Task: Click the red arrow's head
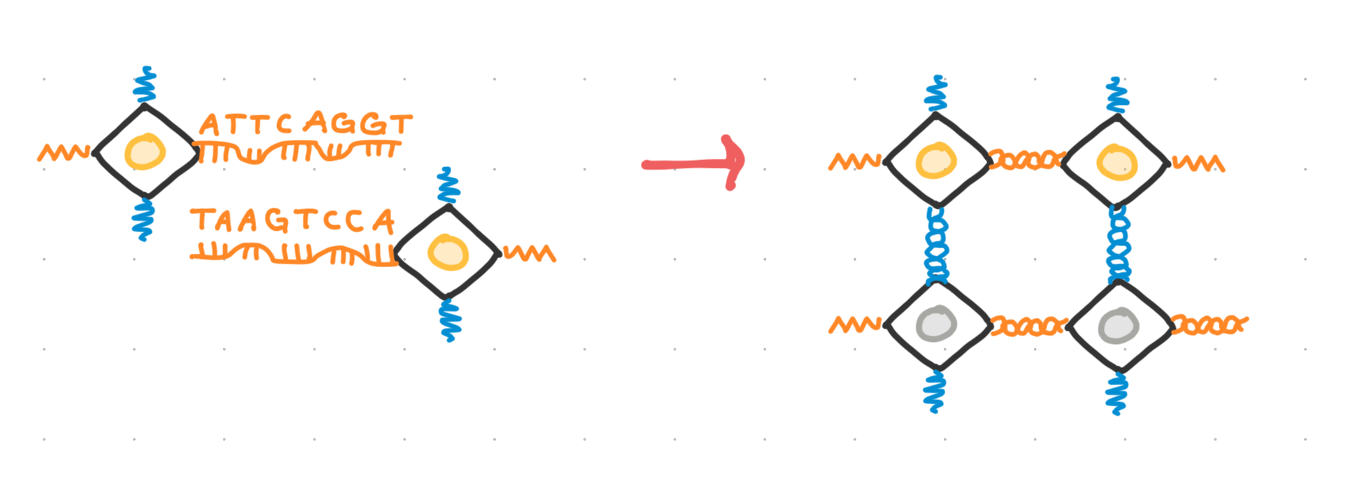(734, 162)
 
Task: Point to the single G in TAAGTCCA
(276, 221)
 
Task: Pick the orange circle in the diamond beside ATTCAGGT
(145, 151)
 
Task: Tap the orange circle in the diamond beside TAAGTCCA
(448, 252)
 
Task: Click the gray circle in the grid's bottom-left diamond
(936, 324)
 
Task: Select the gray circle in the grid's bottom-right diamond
(1118, 326)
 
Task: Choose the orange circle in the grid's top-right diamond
(1117, 163)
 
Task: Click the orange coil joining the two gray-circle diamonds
(1029, 326)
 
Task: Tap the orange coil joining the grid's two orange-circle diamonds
(1026, 160)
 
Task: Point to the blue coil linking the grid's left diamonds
(936, 245)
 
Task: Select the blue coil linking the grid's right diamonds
(1119, 245)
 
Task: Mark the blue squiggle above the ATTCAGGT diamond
(145, 86)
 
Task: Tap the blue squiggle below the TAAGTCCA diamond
(450, 320)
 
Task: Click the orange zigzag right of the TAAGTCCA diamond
(530, 253)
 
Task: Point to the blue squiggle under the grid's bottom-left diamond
(935, 392)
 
